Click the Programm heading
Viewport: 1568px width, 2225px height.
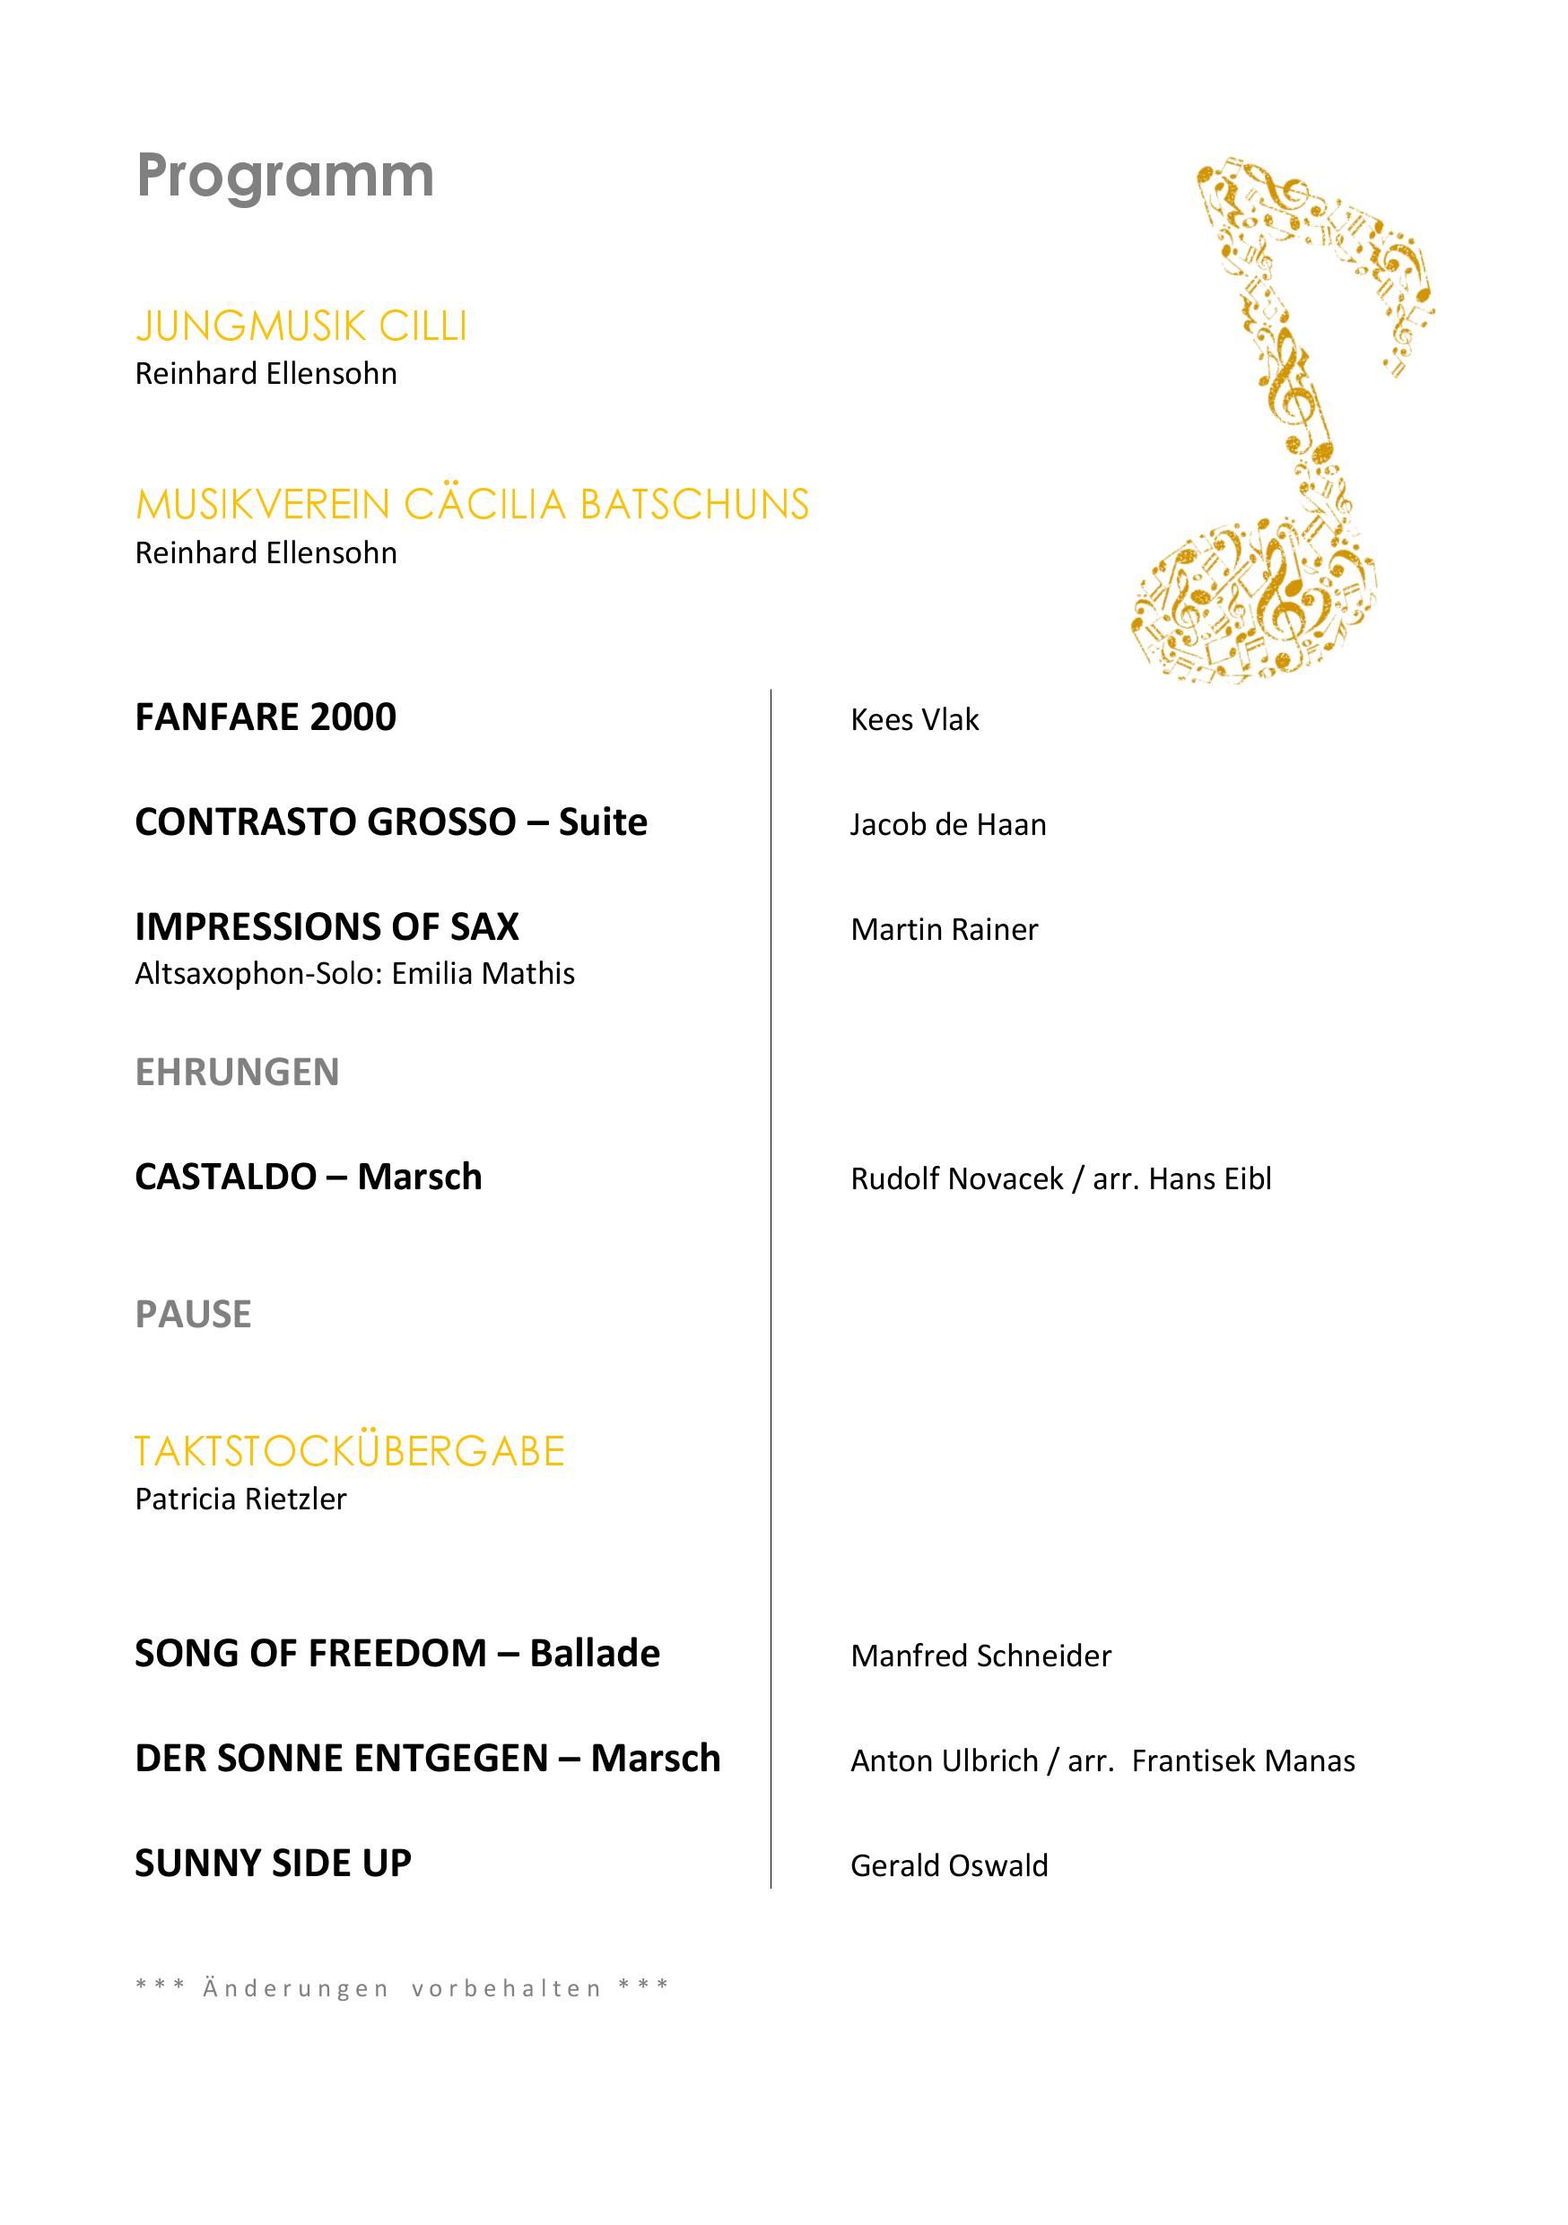pyautogui.click(x=285, y=178)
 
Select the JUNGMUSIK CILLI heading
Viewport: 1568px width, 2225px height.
pyautogui.click(x=301, y=326)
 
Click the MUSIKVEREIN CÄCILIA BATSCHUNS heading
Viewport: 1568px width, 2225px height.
pyautogui.click(x=472, y=505)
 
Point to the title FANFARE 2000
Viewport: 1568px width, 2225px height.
pyautogui.click(x=266, y=717)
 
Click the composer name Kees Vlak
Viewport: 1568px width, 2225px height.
pyautogui.click(x=914, y=720)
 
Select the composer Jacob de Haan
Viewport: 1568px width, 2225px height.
pyautogui.click(x=948, y=825)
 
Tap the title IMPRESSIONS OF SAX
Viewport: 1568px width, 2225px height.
pyautogui.click(x=327, y=926)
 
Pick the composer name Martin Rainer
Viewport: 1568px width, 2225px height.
pyautogui.click(x=944, y=929)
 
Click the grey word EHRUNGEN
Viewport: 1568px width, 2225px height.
pyautogui.click(x=237, y=1072)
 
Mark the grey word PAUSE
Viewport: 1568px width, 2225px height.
pyautogui.click(x=193, y=1314)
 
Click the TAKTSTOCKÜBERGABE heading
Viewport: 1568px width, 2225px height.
pyautogui.click(x=349, y=1452)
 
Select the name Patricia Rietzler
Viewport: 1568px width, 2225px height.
pyautogui.click(x=240, y=1499)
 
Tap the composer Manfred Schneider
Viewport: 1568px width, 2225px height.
pyautogui.click(x=980, y=1656)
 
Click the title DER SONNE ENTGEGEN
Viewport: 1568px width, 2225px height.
pyautogui.click(x=341, y=1758)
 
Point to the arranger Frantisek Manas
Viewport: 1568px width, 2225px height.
pyautogui.click(x=1242, y=1760)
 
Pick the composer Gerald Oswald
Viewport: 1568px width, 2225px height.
pyautogui.click(x=949, y=1865)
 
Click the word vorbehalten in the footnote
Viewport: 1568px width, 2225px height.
pyautogui.click(x=506, y=1988)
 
